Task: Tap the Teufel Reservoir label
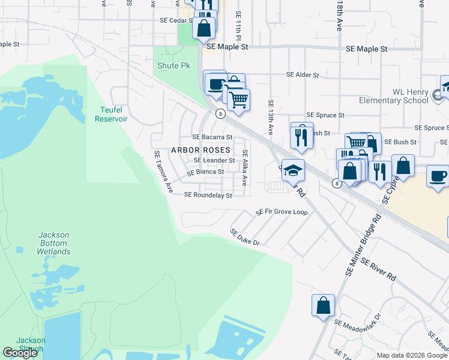point(111,114)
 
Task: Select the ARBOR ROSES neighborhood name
point(200,149)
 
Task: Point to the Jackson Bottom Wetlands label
point(53,243)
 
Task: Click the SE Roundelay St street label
point(208,195)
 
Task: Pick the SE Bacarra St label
point(212,137)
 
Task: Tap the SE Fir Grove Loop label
point(282,212)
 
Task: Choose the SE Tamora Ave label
point(163,172)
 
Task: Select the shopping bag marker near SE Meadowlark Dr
point(323,305)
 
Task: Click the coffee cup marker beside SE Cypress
point(437,176)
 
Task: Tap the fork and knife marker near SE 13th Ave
point(302,136)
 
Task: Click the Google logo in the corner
point(20,353)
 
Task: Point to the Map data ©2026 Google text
point(412,355)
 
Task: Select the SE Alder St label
point(303,75)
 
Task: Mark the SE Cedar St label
point(175,20)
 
